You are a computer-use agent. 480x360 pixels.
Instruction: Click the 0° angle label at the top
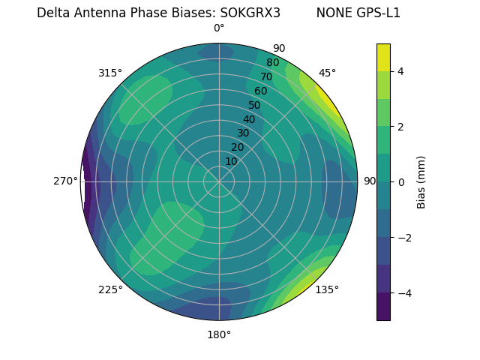pos(219,28)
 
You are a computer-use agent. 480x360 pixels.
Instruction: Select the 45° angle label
pos(327,73)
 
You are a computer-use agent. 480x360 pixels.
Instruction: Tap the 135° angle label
pos(327,289)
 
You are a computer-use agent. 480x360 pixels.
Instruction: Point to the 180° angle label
pos(219,334)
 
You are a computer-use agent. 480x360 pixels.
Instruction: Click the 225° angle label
pos(110,289)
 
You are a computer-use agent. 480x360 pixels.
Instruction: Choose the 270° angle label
pos(65,181)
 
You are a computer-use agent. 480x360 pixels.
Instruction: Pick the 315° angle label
pos(110,73)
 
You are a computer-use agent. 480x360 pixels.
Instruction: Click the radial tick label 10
pos(231,161)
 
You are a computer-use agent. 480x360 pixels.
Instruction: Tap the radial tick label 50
pos(254,105)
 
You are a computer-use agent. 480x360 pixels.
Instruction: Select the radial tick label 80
pos(272,63)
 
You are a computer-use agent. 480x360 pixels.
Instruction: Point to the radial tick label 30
pos(243,133)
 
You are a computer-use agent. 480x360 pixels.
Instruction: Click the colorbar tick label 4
pos(400,71)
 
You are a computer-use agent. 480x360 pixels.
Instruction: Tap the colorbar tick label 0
pos(400,182)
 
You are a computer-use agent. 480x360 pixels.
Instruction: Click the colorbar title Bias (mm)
pos(421,181)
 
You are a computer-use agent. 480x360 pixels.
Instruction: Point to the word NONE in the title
pos(331,13)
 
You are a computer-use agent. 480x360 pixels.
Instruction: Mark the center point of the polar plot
pos(219,181)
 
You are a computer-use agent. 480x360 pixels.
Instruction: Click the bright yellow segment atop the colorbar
pos(383,57)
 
